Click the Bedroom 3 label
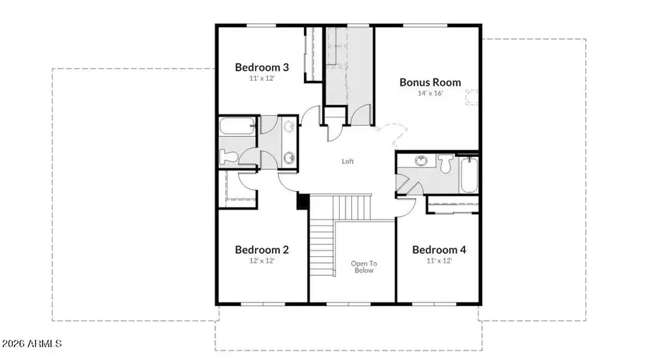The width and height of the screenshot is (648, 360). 261,67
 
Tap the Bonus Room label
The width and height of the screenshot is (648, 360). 430,82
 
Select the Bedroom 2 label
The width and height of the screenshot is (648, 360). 261,250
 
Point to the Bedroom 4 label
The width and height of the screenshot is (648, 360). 439,250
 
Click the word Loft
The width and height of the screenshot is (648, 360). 348,161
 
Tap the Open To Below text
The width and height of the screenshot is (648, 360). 364,266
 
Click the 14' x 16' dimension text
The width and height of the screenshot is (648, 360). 430,94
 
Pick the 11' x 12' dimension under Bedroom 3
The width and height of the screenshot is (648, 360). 261,78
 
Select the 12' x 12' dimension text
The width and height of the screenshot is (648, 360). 261,261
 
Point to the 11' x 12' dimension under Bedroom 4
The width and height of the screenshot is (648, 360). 439,261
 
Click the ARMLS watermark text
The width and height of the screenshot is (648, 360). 32,343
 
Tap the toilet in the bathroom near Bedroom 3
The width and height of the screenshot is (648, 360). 228,157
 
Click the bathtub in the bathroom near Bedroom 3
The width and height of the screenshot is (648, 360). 236,126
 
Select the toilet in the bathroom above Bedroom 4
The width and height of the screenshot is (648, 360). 446,163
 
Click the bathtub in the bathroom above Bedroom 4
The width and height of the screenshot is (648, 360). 469,175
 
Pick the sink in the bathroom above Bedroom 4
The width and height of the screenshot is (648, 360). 421,161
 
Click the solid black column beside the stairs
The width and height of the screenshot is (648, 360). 303,202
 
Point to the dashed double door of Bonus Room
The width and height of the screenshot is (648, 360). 392,133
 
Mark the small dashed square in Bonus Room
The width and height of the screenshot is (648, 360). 472,97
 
